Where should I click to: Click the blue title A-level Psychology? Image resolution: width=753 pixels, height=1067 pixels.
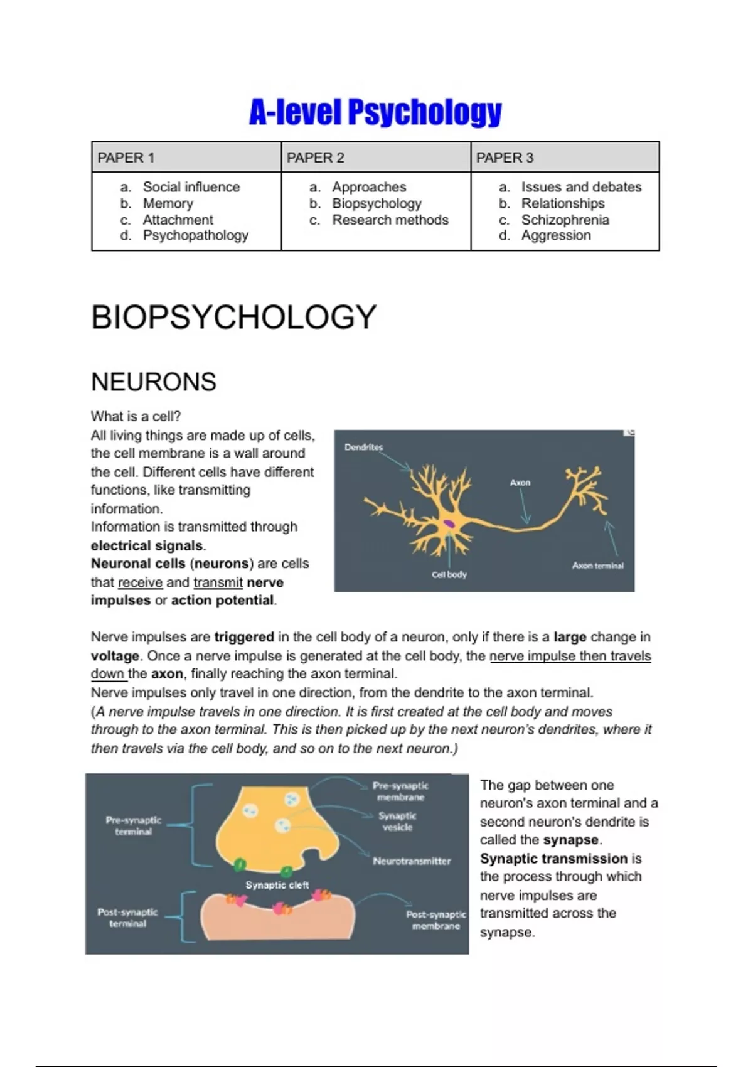(375, 112)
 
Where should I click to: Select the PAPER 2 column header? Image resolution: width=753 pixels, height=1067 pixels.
(316, 158)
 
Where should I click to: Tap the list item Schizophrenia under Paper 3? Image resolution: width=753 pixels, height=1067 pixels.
(565, 220)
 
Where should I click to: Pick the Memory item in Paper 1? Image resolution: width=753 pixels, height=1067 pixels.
(168, 203)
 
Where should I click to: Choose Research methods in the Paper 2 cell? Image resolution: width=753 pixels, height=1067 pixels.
(390, 220)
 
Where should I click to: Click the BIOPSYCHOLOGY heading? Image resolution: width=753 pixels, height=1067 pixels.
(233, 317)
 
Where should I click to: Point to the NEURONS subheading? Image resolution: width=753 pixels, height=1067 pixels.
(154, 382)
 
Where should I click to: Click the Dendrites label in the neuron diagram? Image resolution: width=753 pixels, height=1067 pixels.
(363, 447)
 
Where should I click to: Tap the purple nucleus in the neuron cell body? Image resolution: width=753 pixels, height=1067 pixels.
(450, 522)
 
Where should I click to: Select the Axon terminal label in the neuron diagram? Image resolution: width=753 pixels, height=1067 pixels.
(597, 566)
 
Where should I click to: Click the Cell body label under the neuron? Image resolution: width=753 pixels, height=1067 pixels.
(449, 574)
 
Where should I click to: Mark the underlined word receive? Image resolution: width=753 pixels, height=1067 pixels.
(140, 582)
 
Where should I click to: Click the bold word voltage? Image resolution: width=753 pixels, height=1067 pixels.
(115, 656)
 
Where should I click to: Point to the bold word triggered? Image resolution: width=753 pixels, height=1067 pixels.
(244, 637)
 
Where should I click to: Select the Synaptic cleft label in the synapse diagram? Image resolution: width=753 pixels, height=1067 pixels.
(277, 885)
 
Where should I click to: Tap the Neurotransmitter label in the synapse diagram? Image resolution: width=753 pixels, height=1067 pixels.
(412, 861)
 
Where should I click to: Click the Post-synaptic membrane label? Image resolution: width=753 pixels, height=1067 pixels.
(435, 920)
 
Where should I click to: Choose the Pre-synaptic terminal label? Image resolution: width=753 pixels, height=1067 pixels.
(133, 825)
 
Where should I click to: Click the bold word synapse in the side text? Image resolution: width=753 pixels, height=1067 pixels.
(571, 840)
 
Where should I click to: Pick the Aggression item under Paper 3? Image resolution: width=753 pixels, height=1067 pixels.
(556, 235)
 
